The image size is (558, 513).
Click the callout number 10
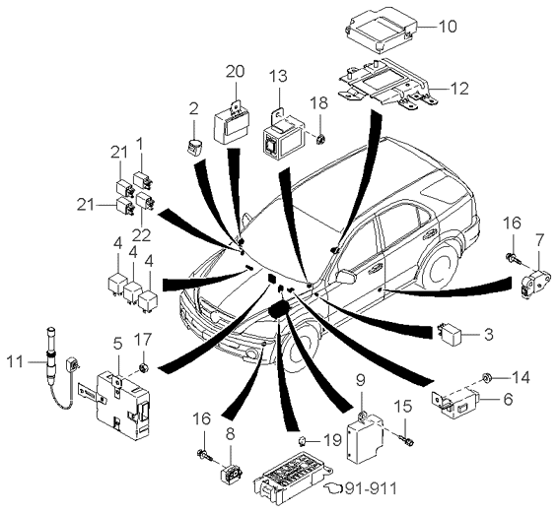[447, 27]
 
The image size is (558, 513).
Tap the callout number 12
[459, 89]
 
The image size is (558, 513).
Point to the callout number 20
[236, 72]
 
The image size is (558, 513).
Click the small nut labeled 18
[320, 139]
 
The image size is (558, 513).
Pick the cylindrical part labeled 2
[194, 146]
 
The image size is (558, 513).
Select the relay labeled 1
[143, 180]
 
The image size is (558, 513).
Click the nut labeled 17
[143, 368]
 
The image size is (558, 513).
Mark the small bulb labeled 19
[302, 441]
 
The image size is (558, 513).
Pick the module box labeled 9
[365, 437]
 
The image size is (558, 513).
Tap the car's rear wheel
[443, 269]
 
